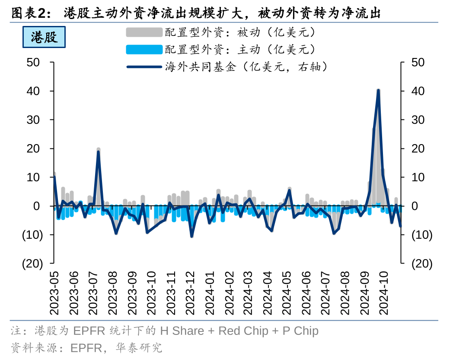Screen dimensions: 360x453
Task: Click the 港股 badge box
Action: pos(44,37)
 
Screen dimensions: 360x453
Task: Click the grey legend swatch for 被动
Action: pos(144,32)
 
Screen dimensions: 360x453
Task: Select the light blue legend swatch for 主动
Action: pos(144,49)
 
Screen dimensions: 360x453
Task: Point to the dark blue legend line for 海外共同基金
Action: pos(144,67)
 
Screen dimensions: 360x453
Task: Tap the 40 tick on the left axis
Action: pos(33,91)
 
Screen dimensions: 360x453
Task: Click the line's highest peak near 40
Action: pos(378,91)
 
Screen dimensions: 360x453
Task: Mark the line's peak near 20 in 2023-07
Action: pos(98,152)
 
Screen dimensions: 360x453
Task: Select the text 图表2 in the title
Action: pos(28,13)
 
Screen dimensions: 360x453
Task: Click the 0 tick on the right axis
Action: pos(415,206)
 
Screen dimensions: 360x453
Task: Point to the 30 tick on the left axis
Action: pos(33,120)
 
